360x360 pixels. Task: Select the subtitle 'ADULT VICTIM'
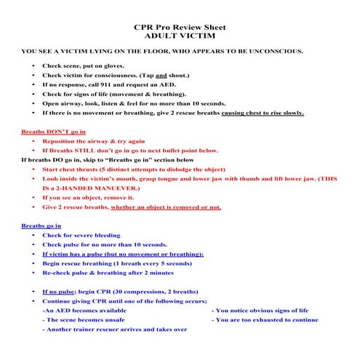180,34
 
